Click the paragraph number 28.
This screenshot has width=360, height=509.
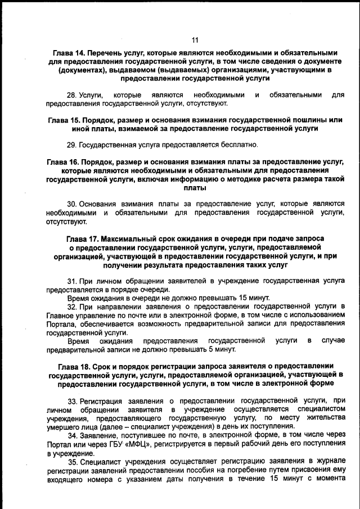point(72,95)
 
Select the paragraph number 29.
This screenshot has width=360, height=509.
point(72,145)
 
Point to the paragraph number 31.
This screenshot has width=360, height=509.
point(72,280)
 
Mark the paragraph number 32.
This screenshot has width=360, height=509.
point(72,307)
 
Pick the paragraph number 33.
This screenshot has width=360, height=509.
point(72,400)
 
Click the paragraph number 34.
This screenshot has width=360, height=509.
point(72,435)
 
